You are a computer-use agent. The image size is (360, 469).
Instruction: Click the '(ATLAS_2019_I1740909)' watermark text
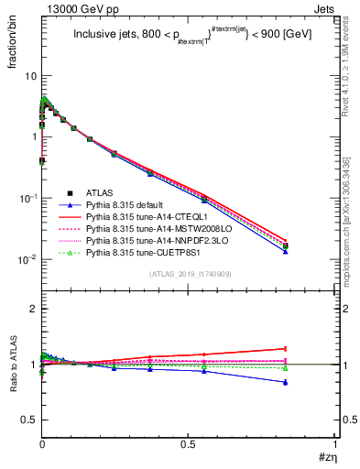(190, 274)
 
